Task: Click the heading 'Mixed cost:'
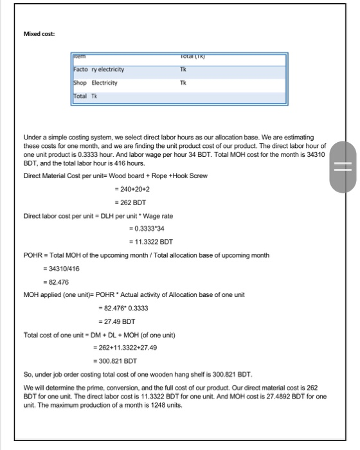39,34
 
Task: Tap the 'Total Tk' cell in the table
84,96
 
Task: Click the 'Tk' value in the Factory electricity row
183,69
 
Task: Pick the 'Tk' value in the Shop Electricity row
183,83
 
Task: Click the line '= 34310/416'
65,269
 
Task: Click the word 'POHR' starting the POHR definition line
33,255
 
